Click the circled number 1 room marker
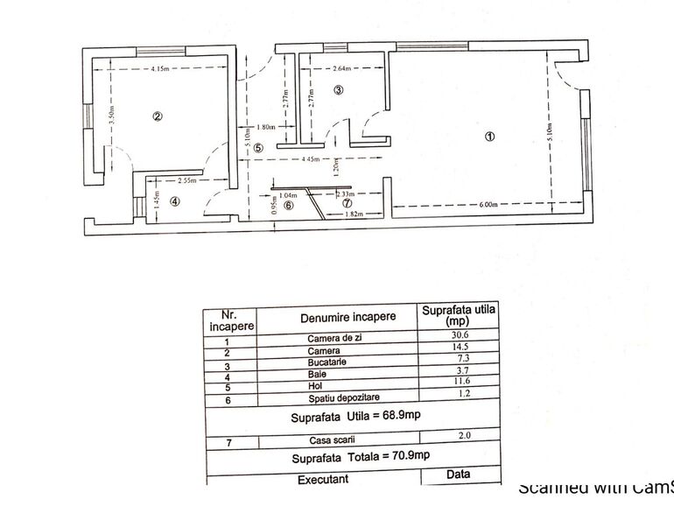(x=490, y=137)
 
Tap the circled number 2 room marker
(x=158, y=116)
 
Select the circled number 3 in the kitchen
(x=339, y=89)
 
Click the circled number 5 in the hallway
(x=258, y=148)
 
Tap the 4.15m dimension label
(x=159, y=68)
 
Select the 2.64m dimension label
(x=341, y=68)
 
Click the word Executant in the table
(x=322, y=479)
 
